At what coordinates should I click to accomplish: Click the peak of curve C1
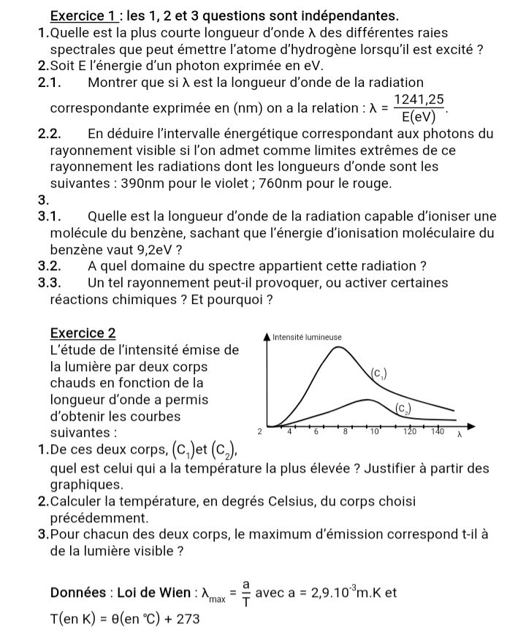coord(339,346)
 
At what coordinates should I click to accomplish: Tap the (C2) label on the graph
coord(402,408)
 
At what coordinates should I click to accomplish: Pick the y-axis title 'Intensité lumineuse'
coord(306,337)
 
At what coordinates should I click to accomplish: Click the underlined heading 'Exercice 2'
coord(83,332)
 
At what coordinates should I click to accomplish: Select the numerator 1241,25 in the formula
coord(419,99)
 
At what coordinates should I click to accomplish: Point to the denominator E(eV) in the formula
coord(419,115)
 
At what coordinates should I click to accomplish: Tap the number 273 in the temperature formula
coord(186,617)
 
